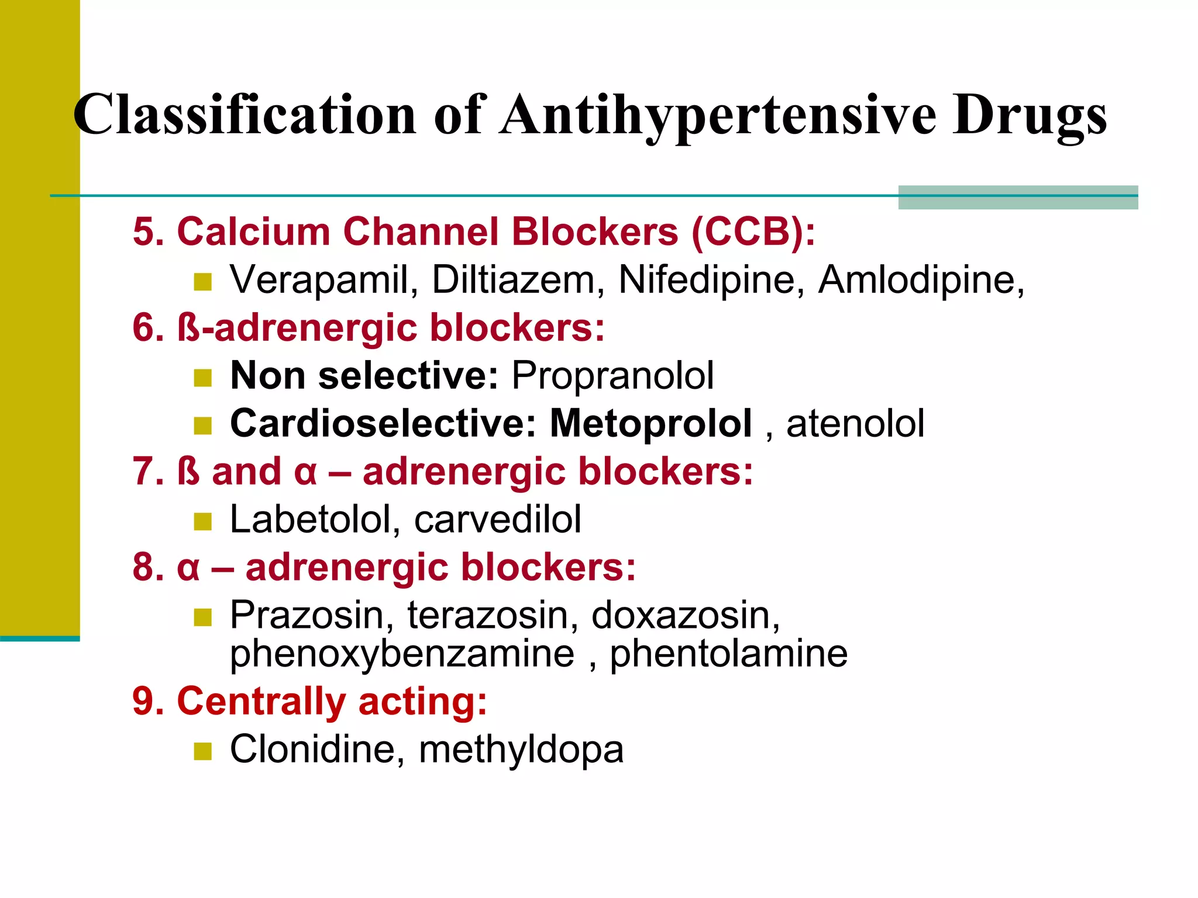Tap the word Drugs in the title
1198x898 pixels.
[x=1030, y=115]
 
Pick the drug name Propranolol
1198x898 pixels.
[x=612, y=375]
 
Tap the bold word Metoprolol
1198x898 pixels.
[x=650, y=423]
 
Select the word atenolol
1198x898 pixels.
[x=855, y=423]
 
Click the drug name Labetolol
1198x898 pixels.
[x=315, y=519]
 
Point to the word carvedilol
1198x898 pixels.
[x=498, y=519]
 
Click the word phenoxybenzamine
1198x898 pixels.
[x=402, y=654]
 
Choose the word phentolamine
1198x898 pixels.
[x=728, y=654]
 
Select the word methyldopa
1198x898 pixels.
[x=521, y=750]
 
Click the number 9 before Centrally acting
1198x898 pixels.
[x=144, y=701]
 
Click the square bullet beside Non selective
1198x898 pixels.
[x=202, y=378]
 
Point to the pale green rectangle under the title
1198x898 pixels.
[x=1018, y=198]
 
